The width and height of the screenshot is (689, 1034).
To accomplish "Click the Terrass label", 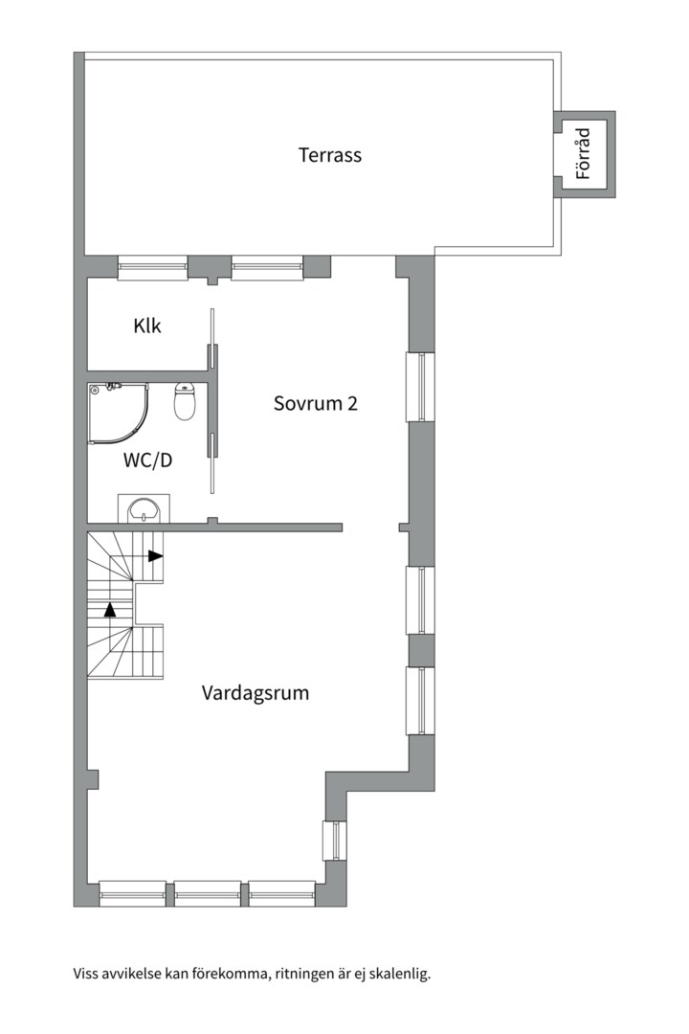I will [329, 154].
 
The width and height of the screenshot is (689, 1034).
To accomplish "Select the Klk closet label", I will [147, 326].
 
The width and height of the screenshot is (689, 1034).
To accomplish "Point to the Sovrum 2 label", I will [315, 403].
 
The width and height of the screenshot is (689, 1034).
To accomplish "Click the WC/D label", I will [148, 460].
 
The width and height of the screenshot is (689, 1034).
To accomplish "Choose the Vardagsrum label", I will [256, 692].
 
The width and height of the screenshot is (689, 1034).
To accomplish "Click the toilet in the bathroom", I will [185, 401].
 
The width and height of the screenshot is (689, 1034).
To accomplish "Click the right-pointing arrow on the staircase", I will [155, 555].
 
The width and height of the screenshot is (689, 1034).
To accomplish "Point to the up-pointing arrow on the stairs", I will [111, 608].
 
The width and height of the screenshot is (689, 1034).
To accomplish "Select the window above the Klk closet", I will [152, 267].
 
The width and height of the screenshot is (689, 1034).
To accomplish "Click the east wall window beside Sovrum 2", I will [420, 387].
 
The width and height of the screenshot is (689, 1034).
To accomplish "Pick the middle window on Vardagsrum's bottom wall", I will [208, 893].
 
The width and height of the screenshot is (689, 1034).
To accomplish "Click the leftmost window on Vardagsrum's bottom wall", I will [133, 893].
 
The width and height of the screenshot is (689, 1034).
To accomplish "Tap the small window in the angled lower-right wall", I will [335, 841].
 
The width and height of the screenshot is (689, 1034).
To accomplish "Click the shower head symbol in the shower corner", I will [95, 390].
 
